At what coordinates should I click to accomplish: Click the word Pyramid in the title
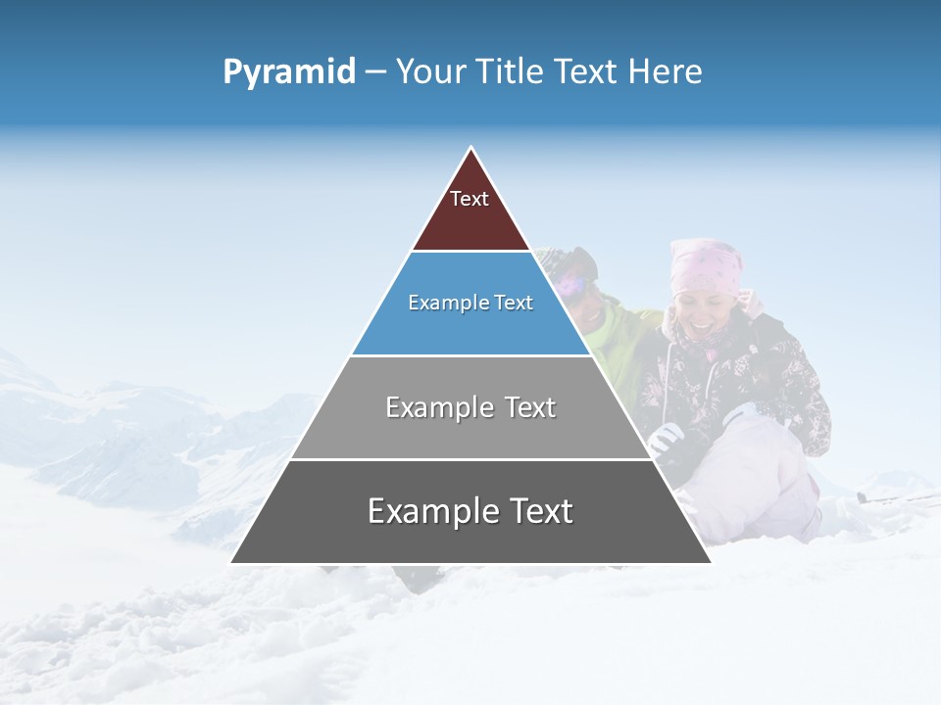[288, 71]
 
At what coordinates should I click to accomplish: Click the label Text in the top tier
[470, 199]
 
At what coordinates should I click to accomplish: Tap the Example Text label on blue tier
[470, 303]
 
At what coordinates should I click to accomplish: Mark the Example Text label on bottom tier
[470, 511]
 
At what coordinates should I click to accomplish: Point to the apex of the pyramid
[471, 148]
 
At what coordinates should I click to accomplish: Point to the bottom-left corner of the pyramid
[232, 562]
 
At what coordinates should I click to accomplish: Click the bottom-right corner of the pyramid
[710, 562]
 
